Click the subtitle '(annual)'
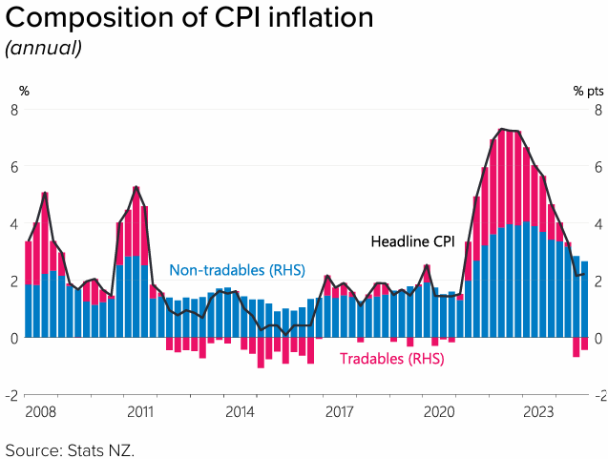click(x=44, y=48)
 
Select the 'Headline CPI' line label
click(x=413, y=242)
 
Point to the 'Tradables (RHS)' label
click(x=392, y=359)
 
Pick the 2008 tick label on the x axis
click(x=40, y=412)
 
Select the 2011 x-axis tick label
click(x=140, y=412)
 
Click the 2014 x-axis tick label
click(x=240, y=412)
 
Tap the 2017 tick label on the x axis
click(x=340, y=412)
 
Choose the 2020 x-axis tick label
click(x=439, y=412)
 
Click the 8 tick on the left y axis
click(x=14, y=110)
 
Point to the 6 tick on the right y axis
click(x=598, y=167)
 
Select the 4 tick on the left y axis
click(x=14, y=224)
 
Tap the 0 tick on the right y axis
click(x=598, y=338)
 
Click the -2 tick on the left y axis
click(x=12, y=395)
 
